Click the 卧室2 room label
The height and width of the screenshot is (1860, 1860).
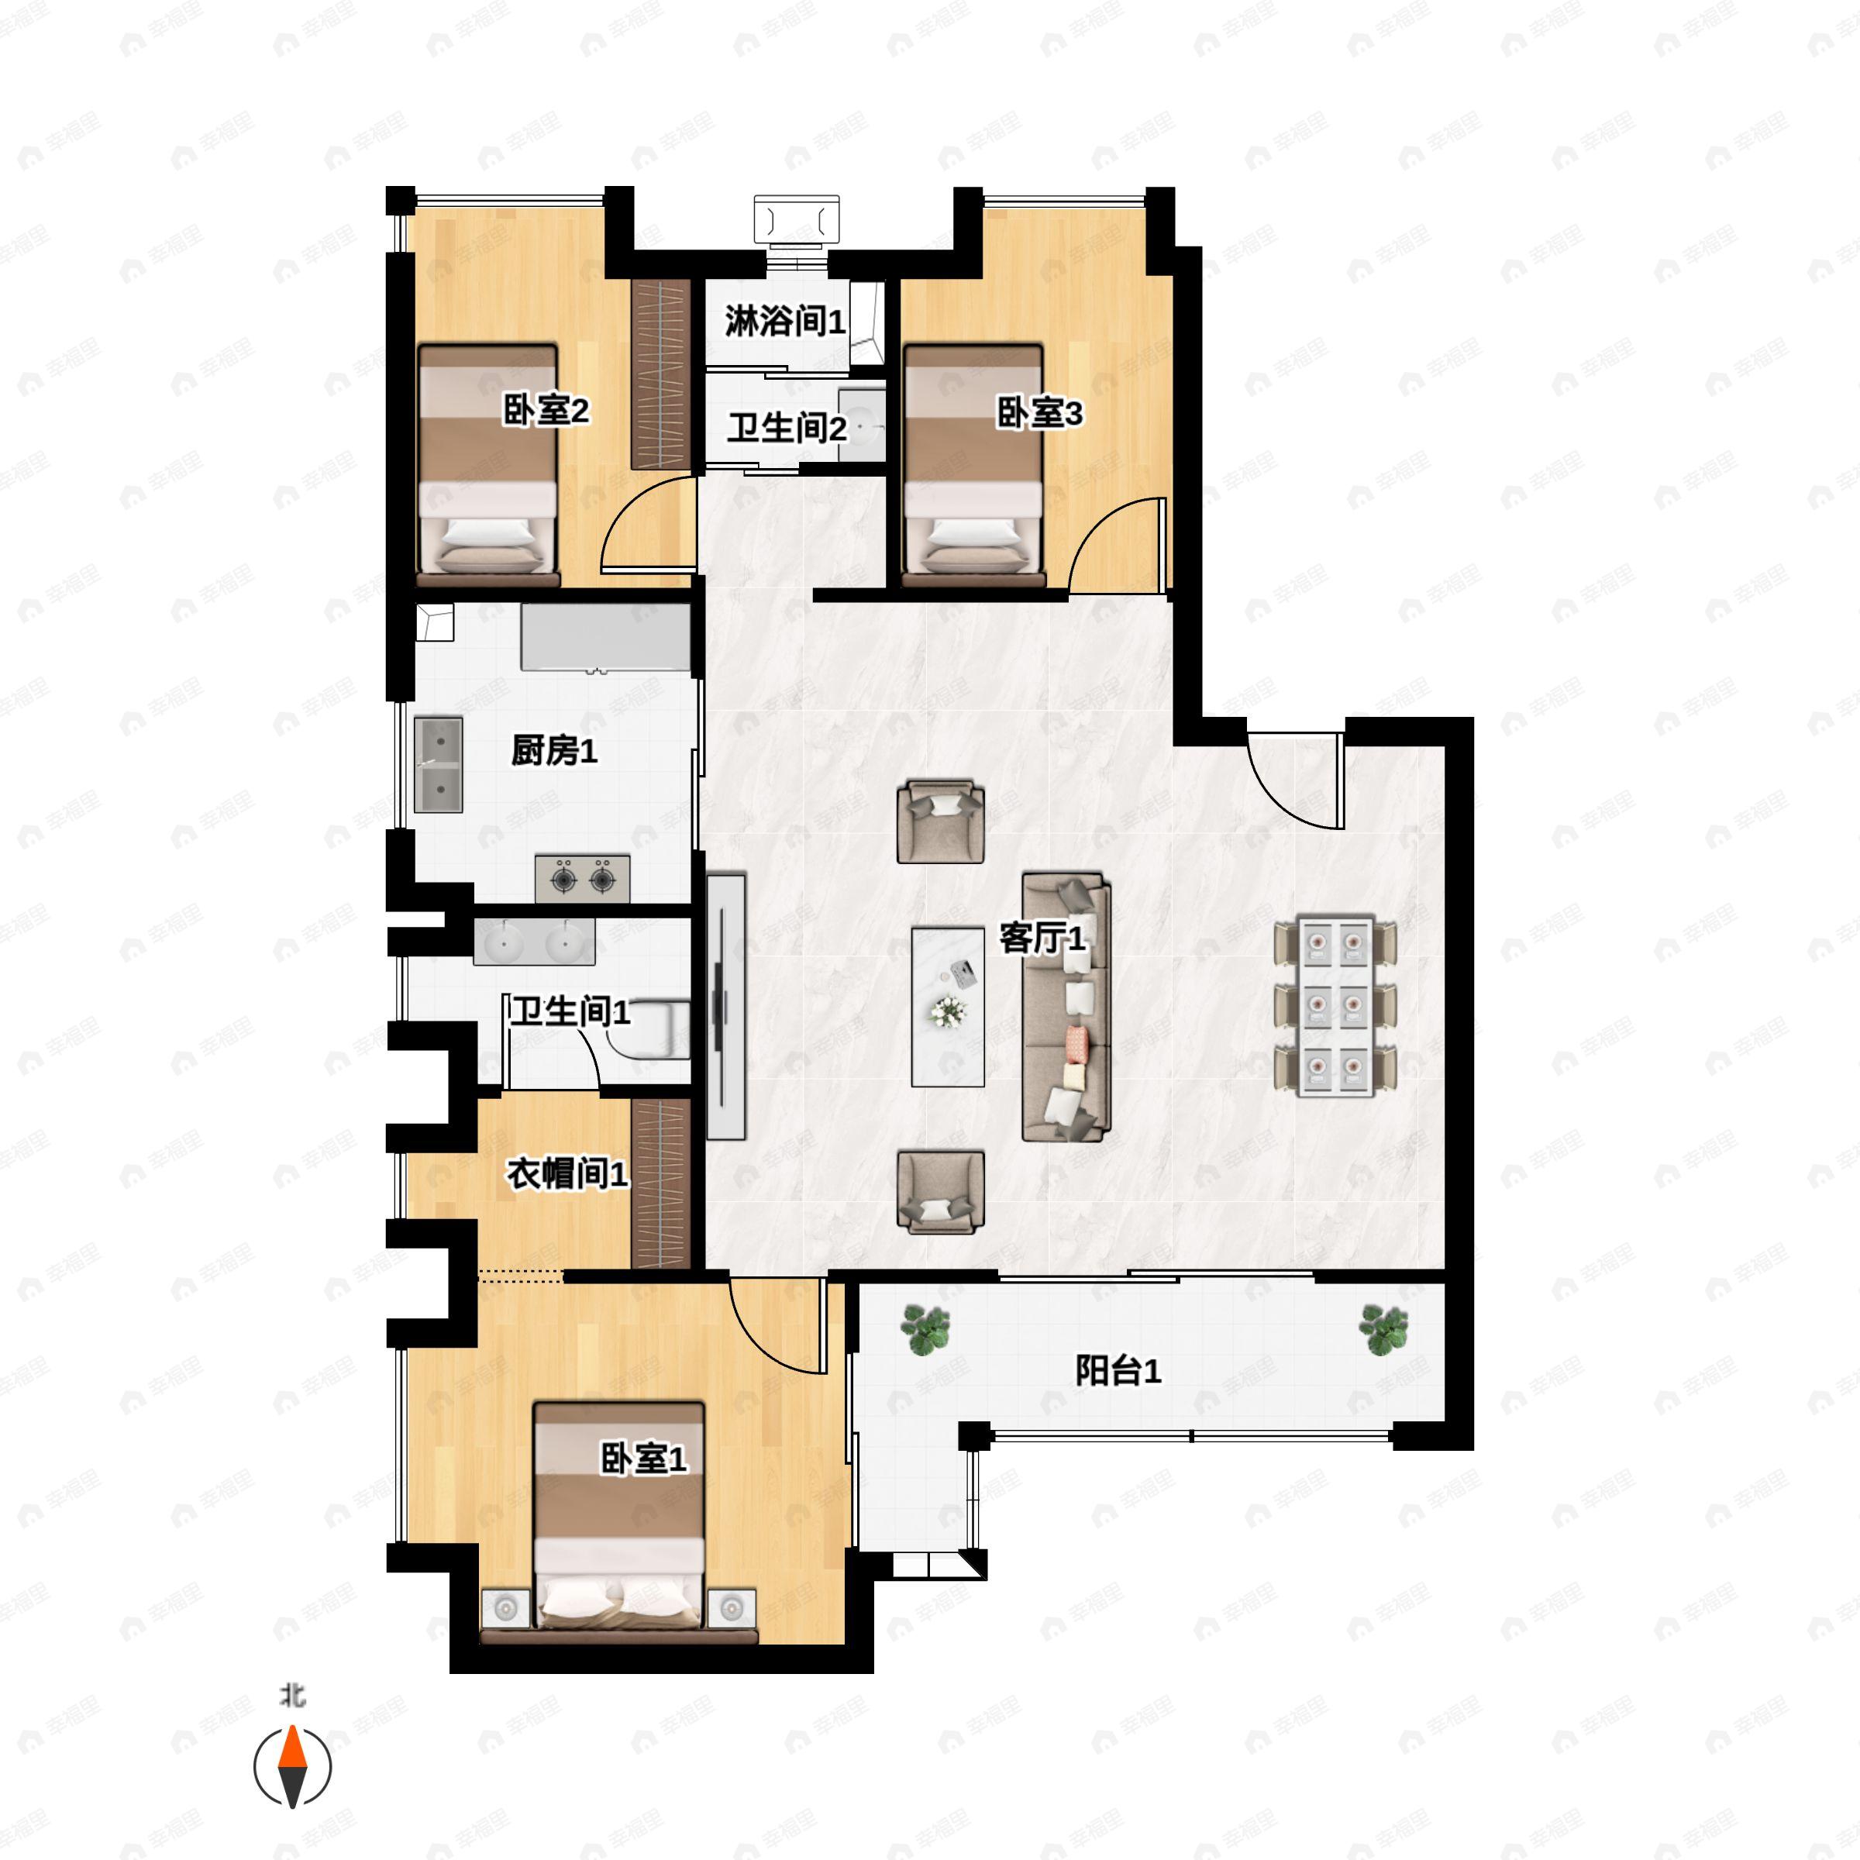(x=546, y=412)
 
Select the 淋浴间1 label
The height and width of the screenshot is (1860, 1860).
(x=784, y=322)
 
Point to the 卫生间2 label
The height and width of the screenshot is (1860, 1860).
(x=787, y=429)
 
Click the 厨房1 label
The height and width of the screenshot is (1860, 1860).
(x=555, y=750)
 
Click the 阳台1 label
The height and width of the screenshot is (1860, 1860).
(x=1118, y=1371)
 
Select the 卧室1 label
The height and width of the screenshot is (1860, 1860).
(x=644, y=1459)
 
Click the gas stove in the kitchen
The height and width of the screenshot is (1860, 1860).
(x=583, y=878)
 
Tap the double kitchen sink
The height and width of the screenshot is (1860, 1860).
(x=438, y=764)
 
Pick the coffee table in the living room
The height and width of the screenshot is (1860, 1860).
(x=949, y=1006)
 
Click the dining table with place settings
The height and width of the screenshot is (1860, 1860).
(x=1335, y=1006)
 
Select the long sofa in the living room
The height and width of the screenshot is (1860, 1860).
(x=1066, y=1007)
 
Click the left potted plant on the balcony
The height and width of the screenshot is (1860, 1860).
(x=925, y=1330)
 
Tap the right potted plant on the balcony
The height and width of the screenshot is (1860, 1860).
(x=1383, y=1330)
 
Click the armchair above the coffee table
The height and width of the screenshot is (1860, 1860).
(x=941, y=822)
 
